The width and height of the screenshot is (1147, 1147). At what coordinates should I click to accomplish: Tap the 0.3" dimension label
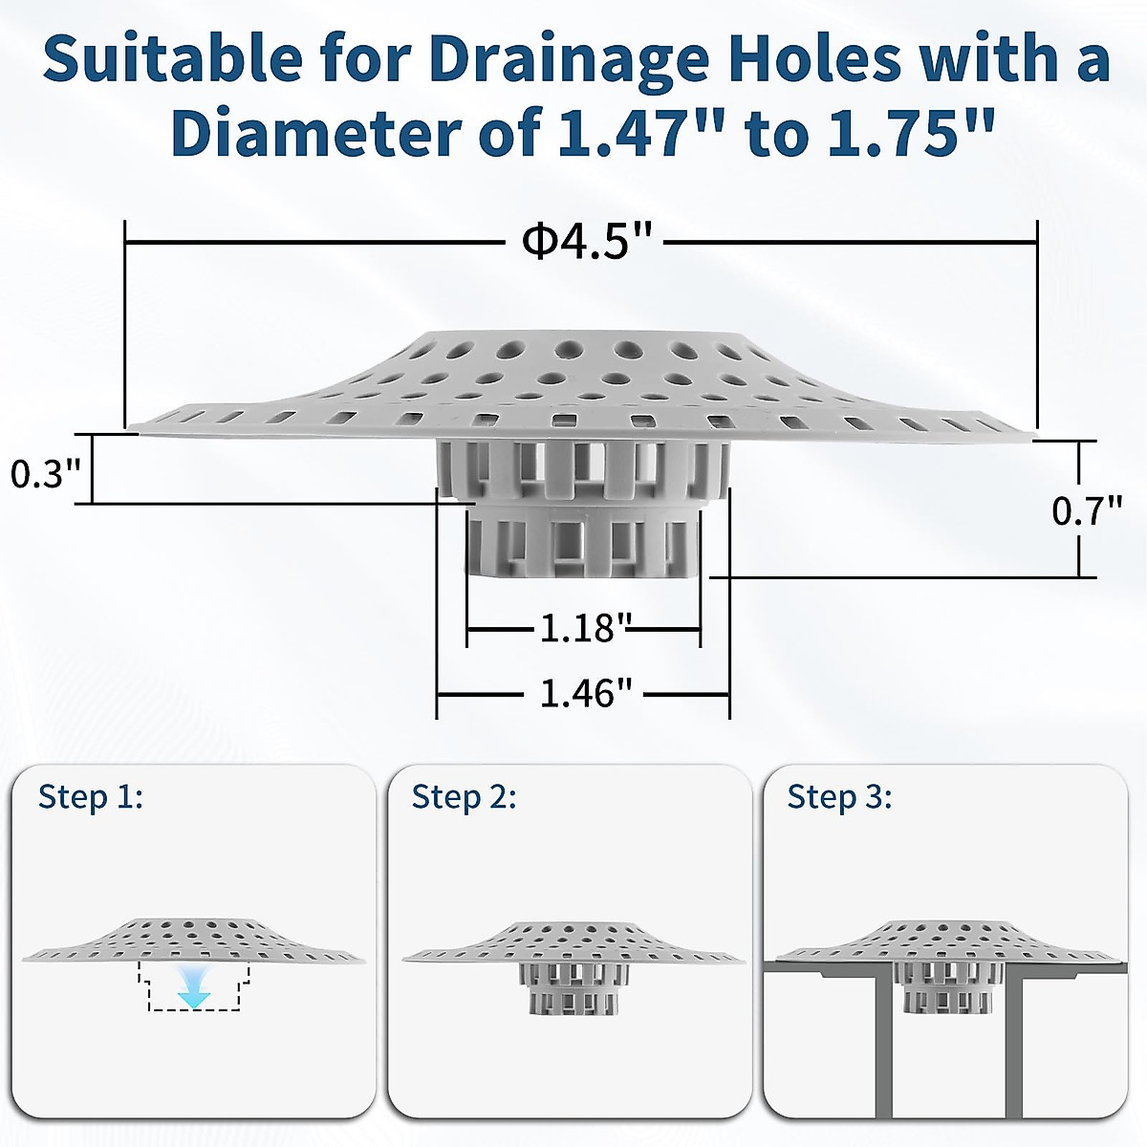45,473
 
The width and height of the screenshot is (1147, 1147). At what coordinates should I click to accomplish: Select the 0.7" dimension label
1087,511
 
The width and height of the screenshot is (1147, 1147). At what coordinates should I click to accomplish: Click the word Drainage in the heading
553,59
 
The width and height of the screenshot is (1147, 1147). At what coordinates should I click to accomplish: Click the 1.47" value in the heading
632,133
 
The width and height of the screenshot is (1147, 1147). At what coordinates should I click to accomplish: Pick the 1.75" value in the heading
903,133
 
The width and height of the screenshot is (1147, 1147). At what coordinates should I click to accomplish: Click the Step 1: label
91,796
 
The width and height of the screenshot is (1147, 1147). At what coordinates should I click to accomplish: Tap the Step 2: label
465,796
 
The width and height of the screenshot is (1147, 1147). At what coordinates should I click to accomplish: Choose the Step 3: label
839,796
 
